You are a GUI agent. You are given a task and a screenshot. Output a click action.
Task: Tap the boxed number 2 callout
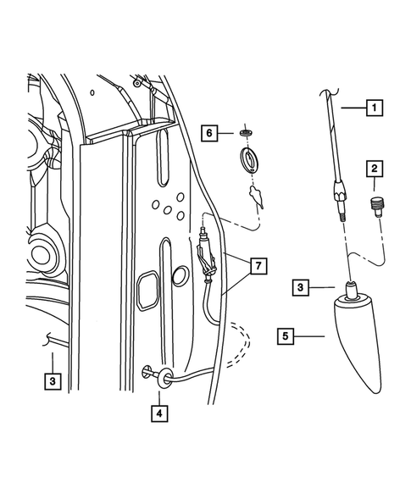pos(374,169)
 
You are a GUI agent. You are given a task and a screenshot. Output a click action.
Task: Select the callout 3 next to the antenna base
pos(300,288)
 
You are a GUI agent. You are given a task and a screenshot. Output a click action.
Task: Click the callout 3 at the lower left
pos(53,381)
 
